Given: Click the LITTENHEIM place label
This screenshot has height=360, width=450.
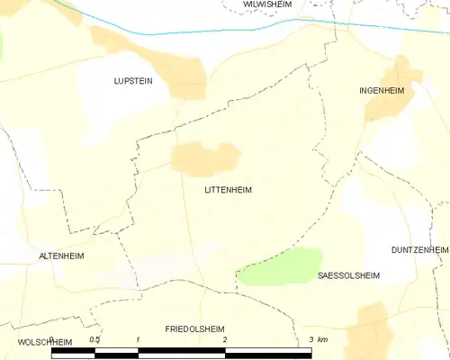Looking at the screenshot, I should [x=228, y=190].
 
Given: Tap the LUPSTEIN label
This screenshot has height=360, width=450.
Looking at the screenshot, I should [x=133, y=80].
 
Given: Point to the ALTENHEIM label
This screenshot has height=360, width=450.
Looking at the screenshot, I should [x=61, y=256].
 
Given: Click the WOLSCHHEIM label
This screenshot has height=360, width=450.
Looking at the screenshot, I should [x=43, y=343].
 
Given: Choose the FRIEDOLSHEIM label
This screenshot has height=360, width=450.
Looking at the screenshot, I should [x=194, y=329].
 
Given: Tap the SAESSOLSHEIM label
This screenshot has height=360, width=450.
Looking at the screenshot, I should [x=349, y=275].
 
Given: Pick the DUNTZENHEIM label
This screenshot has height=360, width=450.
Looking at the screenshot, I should [x=419, y=248].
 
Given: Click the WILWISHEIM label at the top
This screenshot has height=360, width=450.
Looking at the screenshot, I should [x=268, y=4].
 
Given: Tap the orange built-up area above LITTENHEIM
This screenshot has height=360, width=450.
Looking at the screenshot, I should [x=206, y=157].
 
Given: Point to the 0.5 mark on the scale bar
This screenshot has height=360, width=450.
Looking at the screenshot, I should [x=94, y=339].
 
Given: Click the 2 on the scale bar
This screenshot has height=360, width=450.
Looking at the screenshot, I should [x=225, y=339].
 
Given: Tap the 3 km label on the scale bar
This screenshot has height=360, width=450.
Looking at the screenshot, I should [x=317, y=339].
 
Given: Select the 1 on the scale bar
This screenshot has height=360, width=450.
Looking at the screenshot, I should [x=138, y=339].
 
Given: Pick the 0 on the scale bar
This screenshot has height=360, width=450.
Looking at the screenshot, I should [x=52, y=339].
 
